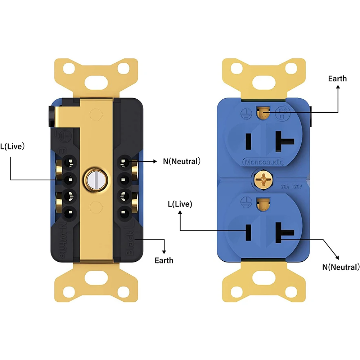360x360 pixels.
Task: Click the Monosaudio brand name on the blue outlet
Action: point(264,162)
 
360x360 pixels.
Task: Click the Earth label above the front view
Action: point(337,78)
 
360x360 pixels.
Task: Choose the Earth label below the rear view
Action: point(164,260)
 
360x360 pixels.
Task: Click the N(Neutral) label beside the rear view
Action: point(181,162)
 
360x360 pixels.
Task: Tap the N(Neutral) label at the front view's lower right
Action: point(341,267)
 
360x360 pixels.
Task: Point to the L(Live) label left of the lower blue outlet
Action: point(180,204)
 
